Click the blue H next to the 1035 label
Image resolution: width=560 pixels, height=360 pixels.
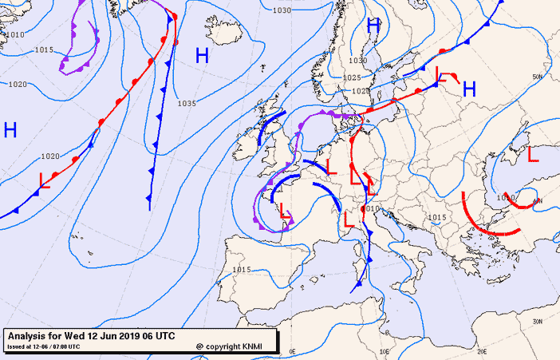[x=203, y=55]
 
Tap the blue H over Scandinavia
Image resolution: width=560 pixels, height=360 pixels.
[x=373, y=26]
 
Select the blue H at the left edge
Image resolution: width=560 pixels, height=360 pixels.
[x=10, y=129]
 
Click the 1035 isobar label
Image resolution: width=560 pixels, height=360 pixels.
[x=187, y=103]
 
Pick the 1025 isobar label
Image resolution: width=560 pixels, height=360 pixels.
[x=352, y=77]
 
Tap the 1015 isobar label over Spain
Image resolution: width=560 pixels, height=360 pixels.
[x=243, y=270]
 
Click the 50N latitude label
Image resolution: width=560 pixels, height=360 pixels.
[x=537, y=77]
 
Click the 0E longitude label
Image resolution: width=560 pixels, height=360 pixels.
[x=292, y=350]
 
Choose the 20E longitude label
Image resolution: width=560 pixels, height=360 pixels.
[x=481, y=350]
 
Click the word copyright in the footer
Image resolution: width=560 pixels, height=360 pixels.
[x=224, y=346]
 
